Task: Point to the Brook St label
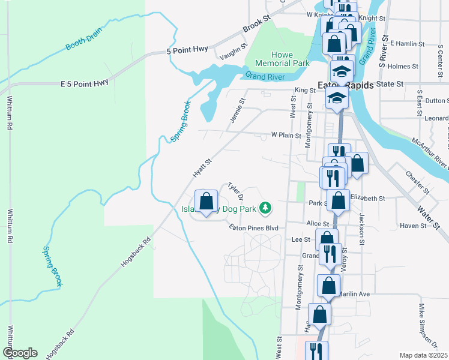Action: pos(257,28)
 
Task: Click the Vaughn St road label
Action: pos(234,52)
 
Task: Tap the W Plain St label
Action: pos(286,136)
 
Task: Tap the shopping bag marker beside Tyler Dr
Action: pos(206,201)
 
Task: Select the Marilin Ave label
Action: pos(353,294)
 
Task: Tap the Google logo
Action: pos(19,353)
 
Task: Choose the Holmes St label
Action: pos(403,67)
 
